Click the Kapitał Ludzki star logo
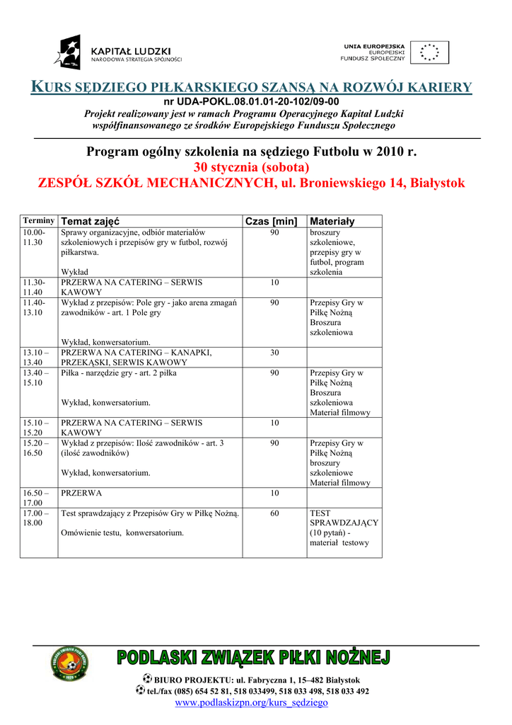pyautogui.click(x=69, y=52)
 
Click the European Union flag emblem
pyautogui.click(x=429, y=52)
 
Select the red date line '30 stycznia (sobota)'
pyautogui.click(x=251, y=168)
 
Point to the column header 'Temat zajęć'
pyautogui.click(x=90, y=222)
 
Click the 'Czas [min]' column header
pyautogui.click(x=271, y=222)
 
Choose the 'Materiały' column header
pyautogui.click(x=332, y=222)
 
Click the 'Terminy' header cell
pyautogui.click(x=39, y=221)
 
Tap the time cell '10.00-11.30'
pyautogui.click(x=34, y=237)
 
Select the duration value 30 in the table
pyautogui.click(x=274, y=353)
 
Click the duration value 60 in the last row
pyautogui.click(x=274, y=513)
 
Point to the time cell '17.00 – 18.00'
pyautogui.click(x=36, y=518)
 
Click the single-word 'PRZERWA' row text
pyautogui.click(x=81, y=493)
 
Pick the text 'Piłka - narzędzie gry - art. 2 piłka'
pyautogui.click(x=119, y=372)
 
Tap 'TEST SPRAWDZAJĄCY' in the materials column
pyautogui.click(x=344, y=518)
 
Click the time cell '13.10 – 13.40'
pyautogui.click(x=36, y=357)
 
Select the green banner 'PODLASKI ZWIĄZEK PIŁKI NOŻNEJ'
pyautogui.click(x=253, y=658)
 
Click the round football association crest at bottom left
pyautogui.click(x=69, y=666)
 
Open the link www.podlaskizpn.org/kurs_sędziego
pyautogui.click(x=251, y=702)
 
